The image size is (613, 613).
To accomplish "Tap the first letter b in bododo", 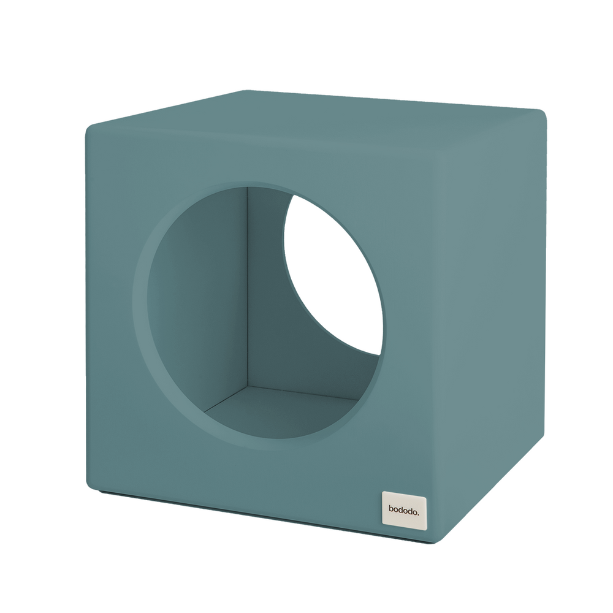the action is (x=391, y=509).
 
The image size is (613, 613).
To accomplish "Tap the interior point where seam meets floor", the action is (x=248, y=387).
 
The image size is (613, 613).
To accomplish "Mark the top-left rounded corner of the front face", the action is (x=90, y=128).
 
